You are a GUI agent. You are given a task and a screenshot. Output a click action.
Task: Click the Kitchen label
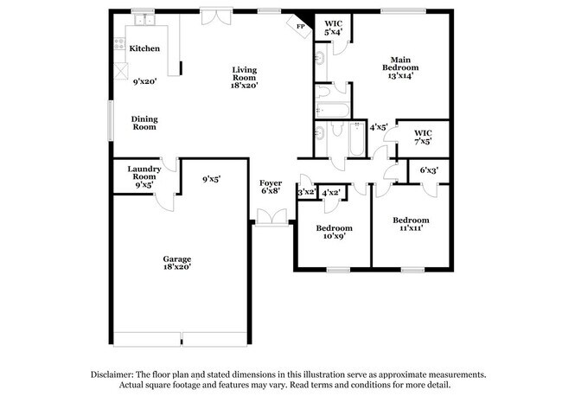[x=144, y=49]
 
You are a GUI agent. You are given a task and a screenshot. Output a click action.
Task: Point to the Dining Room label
[x=144, y=123]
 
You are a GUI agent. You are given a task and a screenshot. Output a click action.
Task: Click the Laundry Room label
[x=144, y=173]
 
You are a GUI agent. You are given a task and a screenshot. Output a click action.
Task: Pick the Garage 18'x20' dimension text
[x=177, y=268]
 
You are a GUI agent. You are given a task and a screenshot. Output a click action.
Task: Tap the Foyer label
[x=271, y=183]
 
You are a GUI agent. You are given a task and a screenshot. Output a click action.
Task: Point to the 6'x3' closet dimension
[x=429, y=171]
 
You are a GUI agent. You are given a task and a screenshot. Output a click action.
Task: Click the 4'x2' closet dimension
[x=331, y=193]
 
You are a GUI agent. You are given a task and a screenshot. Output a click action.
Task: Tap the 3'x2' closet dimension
[x=306, y=193]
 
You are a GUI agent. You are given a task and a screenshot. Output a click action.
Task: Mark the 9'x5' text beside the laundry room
[x=211, y=180]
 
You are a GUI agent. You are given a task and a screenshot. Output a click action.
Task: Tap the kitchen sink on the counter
[x=143, y=19]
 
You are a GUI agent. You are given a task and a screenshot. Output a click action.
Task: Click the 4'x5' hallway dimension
[x=378, y=128]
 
